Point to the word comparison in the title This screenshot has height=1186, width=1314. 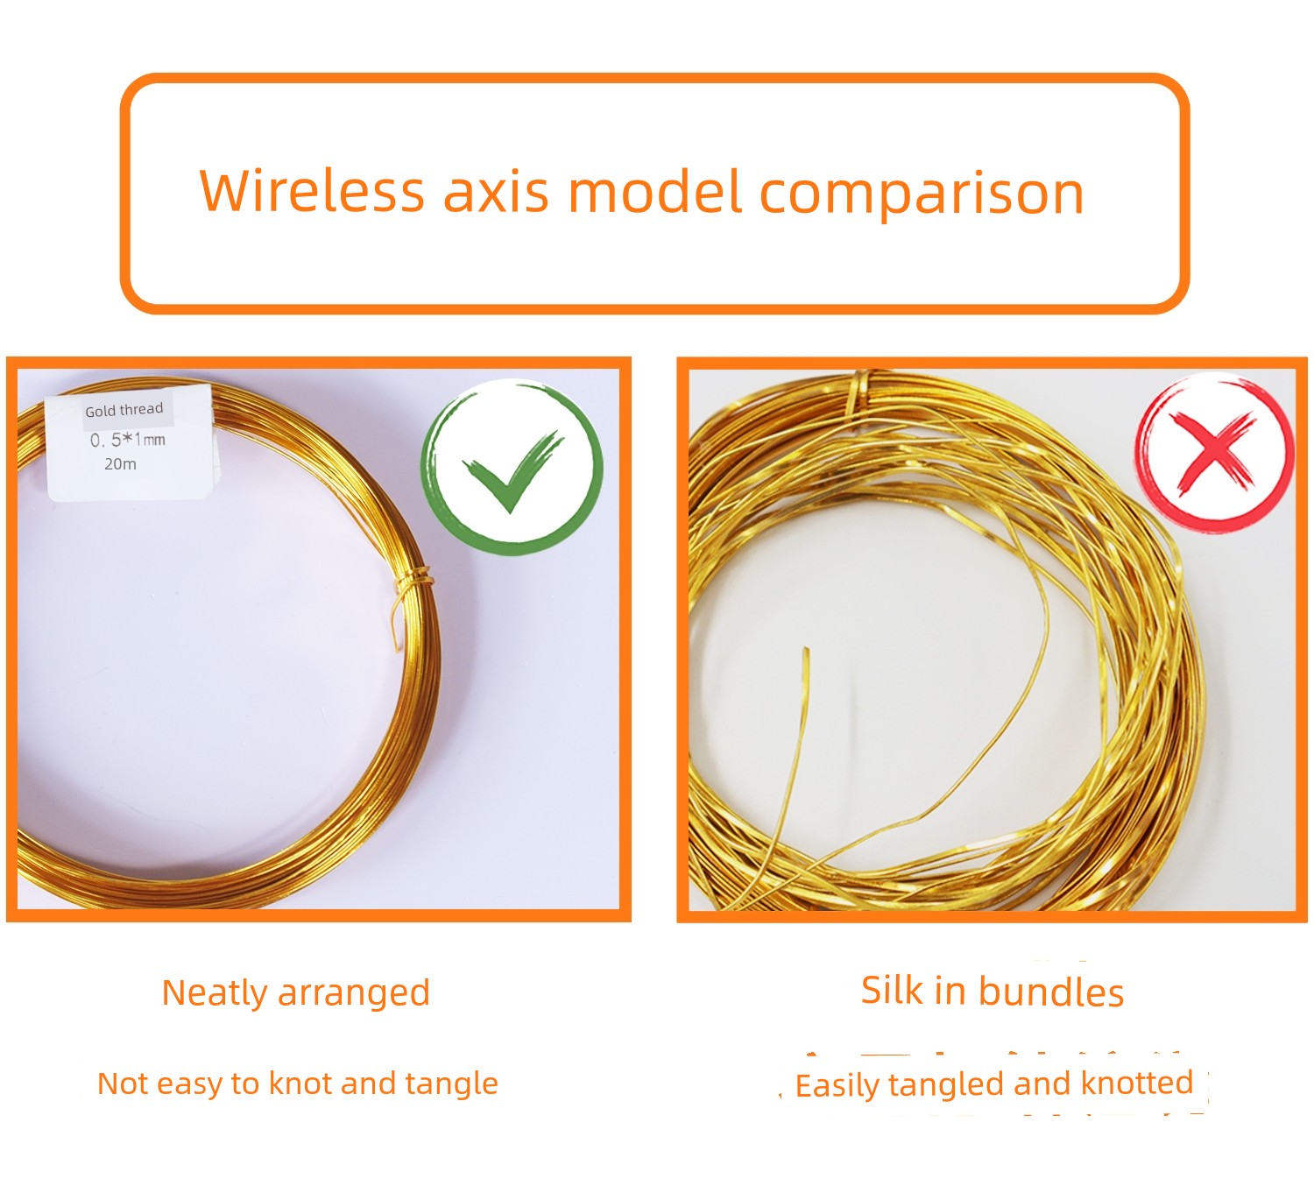point(921,195)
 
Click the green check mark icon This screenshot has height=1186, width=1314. point(512,467)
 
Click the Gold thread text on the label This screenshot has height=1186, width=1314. point(124,410)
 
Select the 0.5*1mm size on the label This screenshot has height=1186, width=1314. point(128,440)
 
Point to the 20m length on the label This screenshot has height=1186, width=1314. point(121,464)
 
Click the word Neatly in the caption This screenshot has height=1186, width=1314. point(215,992)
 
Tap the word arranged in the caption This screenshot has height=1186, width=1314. point(354,994)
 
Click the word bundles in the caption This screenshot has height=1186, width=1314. point(1050,992)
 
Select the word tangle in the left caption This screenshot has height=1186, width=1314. point(451,1084)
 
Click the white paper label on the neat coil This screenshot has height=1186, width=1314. point(130,442)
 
